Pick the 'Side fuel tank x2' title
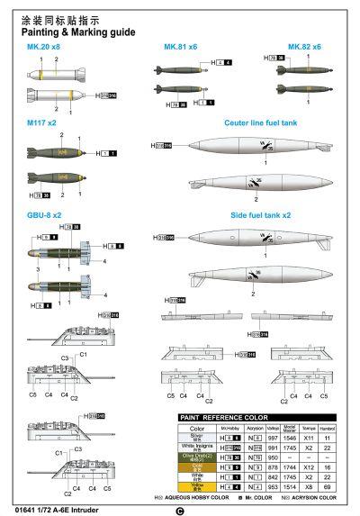[260, 215]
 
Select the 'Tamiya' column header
[307, 429]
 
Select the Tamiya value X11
[307, 438]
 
